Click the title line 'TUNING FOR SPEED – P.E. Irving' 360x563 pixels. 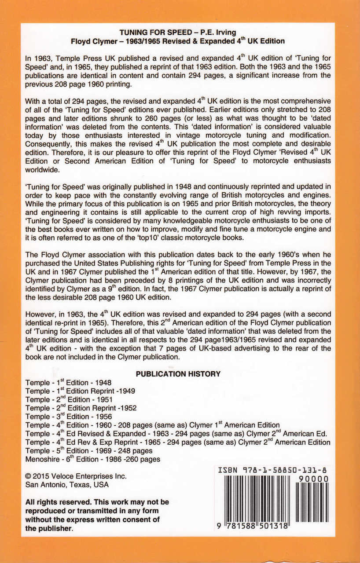[178, 33]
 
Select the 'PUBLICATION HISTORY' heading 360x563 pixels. [178, 374]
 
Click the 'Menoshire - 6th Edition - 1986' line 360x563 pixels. [92, 459]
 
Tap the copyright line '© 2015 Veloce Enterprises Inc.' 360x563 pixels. [76, 476]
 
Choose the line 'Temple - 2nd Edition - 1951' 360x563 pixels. [69, 400]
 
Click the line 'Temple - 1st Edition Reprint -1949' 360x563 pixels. [80, 391]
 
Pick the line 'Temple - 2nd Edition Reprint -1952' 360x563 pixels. [81, 408]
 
